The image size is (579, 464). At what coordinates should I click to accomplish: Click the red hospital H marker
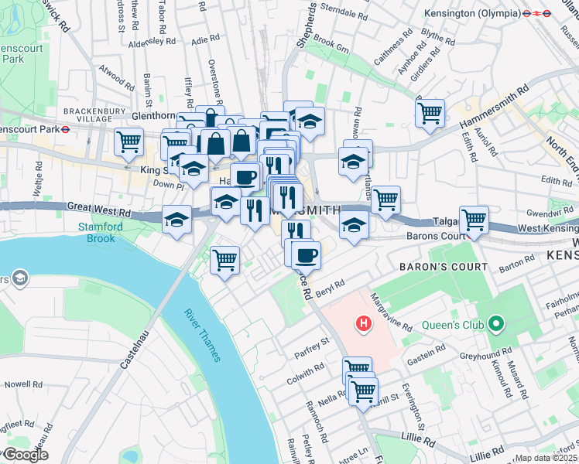point(361,324)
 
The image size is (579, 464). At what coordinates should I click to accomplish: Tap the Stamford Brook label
point(96,233)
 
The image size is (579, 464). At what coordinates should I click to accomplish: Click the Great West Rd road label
point(98,207)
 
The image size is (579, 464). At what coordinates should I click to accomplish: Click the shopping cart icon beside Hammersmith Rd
point(430,114)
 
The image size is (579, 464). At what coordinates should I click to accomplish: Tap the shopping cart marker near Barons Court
point(473,219)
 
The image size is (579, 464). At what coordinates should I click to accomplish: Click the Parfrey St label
point(313,346)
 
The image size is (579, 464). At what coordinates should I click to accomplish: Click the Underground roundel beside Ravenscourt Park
point(66,130)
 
